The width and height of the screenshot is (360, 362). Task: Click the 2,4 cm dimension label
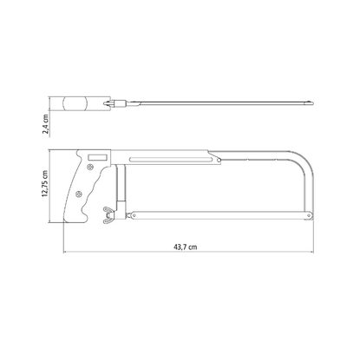(46, 124)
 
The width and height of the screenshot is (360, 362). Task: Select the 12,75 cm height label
(45, 184)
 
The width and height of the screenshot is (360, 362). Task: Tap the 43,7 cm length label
(186, 247)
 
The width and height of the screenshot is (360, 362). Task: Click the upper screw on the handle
(90, 167)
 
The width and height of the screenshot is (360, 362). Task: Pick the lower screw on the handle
(78, 194)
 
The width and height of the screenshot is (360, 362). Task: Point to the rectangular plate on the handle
(98, 157)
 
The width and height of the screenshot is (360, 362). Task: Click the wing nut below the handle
(109, 215)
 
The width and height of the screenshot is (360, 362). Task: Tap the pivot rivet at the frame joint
(219, 160)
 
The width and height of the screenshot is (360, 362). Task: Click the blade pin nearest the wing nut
(134, 215)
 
